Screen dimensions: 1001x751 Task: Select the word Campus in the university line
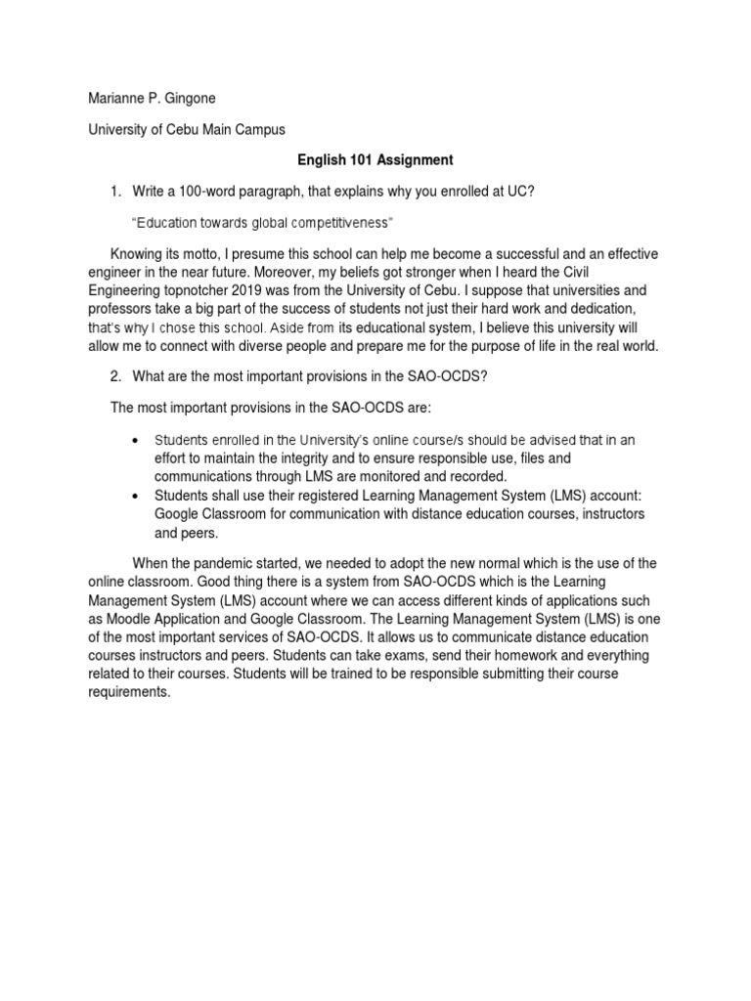pyautogui.click(x=257, y=128)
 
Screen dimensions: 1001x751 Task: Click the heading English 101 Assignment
pyautogui.click(x=375, y=158)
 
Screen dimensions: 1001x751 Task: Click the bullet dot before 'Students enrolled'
pyautogui.click(x=133, y=441)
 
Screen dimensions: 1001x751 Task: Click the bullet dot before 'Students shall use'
pyautogui.click(x=133, y=497)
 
